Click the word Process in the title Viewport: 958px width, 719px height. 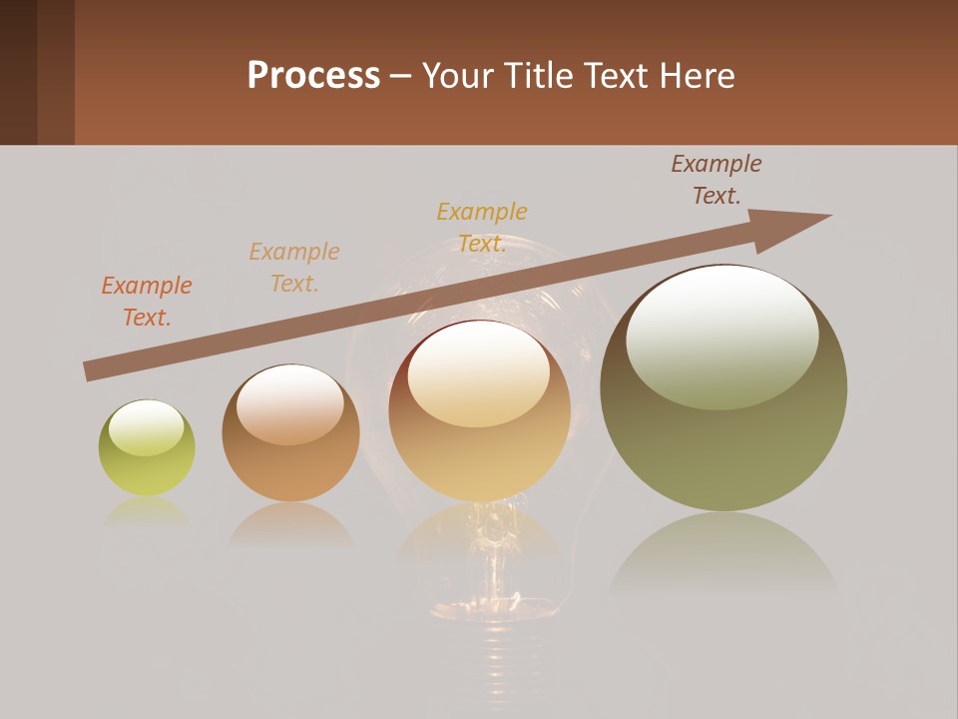(x=313, y=76)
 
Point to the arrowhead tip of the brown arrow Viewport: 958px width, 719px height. (x=830, y=216)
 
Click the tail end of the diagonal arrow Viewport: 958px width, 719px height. (x=87, y=371)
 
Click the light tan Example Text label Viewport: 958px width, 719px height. (x=294, y=268)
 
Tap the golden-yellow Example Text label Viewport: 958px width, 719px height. (x=482, y=228)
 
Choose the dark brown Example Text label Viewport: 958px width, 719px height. (x=717, y=180)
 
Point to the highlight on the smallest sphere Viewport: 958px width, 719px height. (x=146, y=427)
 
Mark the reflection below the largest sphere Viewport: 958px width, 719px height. (x=723, y=554)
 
